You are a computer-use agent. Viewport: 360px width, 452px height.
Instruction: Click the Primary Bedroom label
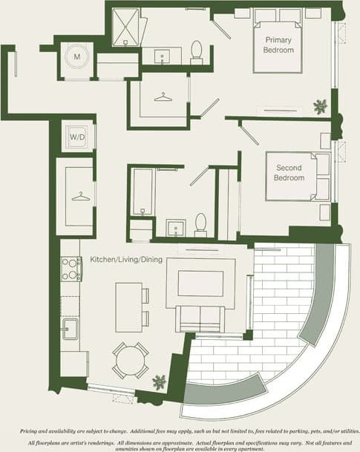click(279, 45)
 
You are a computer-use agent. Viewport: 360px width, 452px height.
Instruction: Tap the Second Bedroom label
click(289, 173)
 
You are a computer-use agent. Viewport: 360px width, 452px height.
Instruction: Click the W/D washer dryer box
click(77, 137)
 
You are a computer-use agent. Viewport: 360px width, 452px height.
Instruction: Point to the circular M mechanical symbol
click(76, 56)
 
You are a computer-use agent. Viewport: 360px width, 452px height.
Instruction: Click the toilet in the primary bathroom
click(197, 50)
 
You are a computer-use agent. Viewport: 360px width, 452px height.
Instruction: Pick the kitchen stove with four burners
click(71, 268)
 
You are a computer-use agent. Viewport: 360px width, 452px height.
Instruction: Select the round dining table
click(130, 359)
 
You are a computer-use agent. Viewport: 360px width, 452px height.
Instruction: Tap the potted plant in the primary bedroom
click(321, 106)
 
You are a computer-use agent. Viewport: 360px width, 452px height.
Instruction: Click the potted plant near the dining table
click(159, 383)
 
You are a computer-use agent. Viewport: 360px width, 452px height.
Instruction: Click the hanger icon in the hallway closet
click(77, 197)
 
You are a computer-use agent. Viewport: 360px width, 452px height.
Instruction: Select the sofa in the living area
click(198, 319)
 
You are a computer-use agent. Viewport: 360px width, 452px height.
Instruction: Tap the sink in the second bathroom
click(176, 226)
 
